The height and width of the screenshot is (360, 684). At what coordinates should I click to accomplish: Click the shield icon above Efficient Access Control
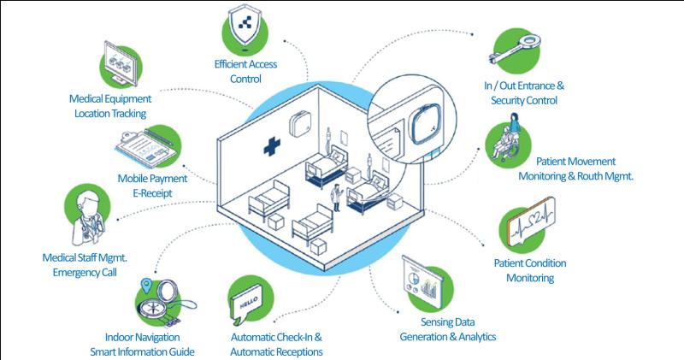pos(245,26)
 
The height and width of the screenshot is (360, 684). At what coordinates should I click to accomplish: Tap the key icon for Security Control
pos(515,50)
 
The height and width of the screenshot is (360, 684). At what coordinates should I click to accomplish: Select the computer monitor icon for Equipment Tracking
pos(121,64)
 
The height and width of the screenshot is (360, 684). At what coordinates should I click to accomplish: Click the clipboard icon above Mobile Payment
pos(146,147)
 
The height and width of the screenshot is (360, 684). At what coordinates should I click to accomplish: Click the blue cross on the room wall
pos(272,146)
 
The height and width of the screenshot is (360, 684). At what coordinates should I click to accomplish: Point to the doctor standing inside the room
pos(336,198)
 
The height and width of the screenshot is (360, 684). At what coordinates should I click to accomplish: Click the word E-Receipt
pos(153,193)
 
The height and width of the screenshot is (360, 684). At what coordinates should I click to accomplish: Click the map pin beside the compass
pos(146,286)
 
